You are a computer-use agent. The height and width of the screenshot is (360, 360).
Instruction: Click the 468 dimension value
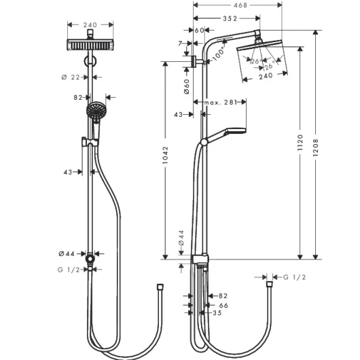[x=240, y=5]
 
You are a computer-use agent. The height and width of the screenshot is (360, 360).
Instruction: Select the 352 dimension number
[x=230, y=18]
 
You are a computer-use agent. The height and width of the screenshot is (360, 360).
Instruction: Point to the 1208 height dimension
[x=316, y=147]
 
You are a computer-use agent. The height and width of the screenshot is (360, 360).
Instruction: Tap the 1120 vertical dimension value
[x=300, y=143]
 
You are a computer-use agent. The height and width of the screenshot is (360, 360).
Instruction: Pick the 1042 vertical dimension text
[x=165, y=155]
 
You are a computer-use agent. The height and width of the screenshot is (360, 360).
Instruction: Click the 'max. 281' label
[x=220, y=103]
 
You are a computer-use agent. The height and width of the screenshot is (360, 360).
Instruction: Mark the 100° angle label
[x=219, y=54]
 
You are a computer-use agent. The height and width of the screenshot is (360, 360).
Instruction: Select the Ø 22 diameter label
[x=71, y=77]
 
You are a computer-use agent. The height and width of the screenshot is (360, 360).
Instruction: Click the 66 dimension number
[x=223, y=306]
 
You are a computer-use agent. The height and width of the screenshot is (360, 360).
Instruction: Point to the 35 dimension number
[x=217, y=313]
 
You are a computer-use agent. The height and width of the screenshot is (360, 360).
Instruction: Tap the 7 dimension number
[x=180, y=43]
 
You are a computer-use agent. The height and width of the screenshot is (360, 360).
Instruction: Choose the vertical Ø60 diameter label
[x=187, y=86]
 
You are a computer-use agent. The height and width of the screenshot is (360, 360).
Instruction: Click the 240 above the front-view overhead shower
[x=90, y=25]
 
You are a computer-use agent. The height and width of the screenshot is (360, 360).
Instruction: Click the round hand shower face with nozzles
[x=96, y=111]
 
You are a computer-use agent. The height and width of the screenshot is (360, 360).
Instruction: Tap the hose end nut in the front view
[x=160, y=287]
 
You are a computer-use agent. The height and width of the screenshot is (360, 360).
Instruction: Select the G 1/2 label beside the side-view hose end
[x=295, y=277]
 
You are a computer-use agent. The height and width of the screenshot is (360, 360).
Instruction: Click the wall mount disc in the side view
[x=194, y=62]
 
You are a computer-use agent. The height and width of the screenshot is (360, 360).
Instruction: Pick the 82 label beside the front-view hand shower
[x=78, y=98]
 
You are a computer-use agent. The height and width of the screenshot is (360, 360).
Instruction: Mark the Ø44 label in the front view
[x=67, y=254]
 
